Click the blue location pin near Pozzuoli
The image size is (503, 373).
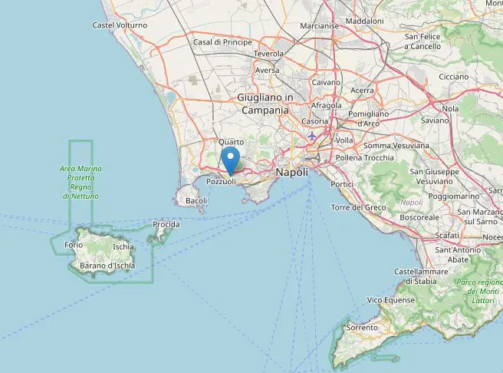[x=230, y=160]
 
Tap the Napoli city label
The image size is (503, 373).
[x=291, y=173]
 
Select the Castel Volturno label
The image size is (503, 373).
[x=120, y=25]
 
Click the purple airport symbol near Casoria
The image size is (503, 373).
[x=311, y=137]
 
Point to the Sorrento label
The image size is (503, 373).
[x=362, y=328]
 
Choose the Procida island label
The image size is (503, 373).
[x=166, y=224]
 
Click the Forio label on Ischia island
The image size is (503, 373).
[x=74, y=245]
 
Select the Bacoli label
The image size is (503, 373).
[x=196, y=201]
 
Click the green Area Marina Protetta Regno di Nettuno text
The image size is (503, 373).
[x=81, y=183]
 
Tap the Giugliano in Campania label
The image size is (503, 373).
[x=265, y=104]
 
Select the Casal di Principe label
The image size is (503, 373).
[x=222, y=42]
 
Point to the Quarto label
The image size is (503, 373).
[x=230, y=142]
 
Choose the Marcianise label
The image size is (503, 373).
[x=320, y=25]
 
